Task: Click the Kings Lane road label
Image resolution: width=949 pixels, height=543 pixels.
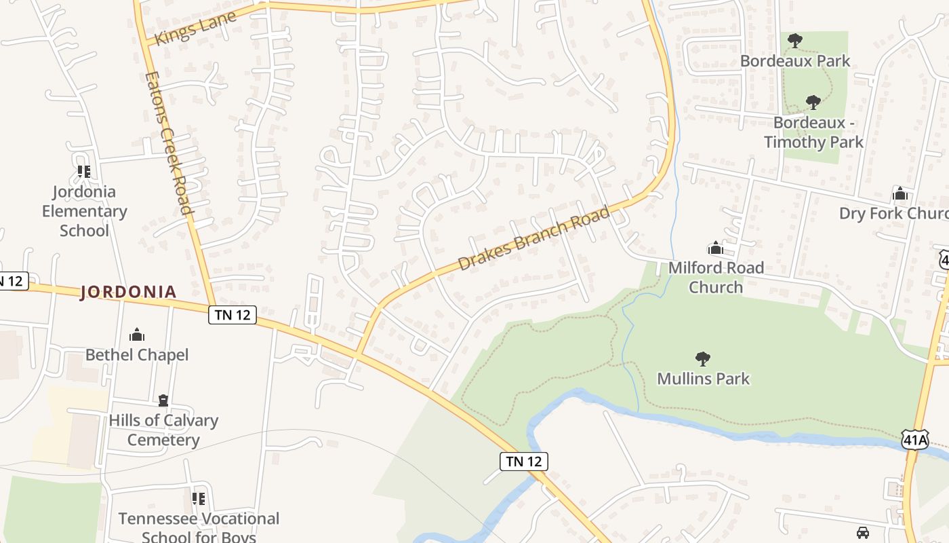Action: tap(195, 28)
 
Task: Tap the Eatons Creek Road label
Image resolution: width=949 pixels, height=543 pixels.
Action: tap(169, 143)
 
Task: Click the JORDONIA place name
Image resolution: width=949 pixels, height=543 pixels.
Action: tap(128, 292)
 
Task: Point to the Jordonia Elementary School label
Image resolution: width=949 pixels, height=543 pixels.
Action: tap(84, 211)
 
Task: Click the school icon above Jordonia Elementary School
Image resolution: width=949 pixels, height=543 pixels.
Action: tap(84, 172)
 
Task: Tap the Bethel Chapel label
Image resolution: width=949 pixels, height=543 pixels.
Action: tap(137, 354)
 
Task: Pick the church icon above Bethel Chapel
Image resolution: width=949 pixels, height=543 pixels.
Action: tap(137, 335)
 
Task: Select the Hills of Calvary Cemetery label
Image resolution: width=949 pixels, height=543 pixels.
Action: tap(163, 430)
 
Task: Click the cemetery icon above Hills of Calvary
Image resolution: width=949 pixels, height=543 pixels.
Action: tap(163, 400)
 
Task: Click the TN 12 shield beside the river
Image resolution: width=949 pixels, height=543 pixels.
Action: tap(524, 462)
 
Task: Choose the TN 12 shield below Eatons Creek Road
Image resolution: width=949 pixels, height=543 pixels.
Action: tap(232, 315)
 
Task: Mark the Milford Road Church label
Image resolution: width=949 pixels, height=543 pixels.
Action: tap(716, 277)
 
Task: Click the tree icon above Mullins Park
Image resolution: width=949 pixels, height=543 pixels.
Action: tap(703, 358)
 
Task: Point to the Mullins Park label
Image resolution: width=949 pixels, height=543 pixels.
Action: tap(704, 378)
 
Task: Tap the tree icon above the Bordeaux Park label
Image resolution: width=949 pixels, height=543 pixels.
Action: tap(795, 41)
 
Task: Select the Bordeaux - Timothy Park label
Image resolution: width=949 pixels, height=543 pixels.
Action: tap(813, 132)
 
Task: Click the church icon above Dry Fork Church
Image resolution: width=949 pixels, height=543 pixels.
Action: tap(900, 194)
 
